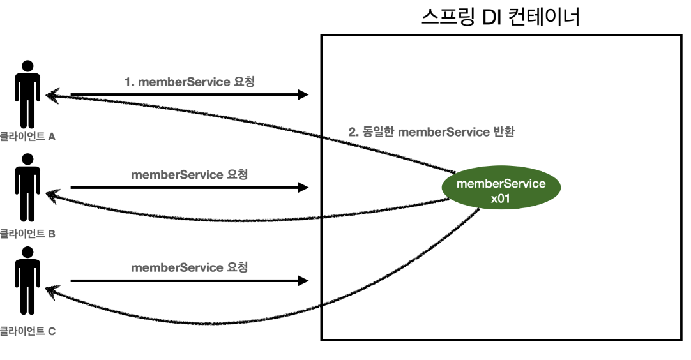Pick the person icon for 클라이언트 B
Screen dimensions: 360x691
[27, 188]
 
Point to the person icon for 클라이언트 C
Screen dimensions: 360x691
[27, 281]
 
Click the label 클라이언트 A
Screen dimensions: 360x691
[28, 137]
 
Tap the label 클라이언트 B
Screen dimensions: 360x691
[28, 234]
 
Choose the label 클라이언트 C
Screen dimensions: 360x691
[28, 331]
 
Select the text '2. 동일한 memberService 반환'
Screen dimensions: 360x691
[432, 133]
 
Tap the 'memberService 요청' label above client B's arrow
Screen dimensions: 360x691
[190, 174]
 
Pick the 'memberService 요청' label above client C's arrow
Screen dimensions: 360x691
[190, 267]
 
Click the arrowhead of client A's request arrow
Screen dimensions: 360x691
[304, 95]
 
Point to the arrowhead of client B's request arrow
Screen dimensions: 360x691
[304, 188]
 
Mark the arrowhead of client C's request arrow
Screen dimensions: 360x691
[304, 281]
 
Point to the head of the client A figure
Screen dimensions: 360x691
[27, 66]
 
